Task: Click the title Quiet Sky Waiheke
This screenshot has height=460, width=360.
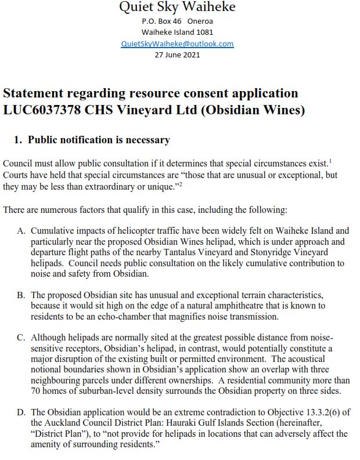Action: [x=177, y=8]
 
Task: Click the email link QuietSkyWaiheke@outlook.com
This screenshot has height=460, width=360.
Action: [x=177, y=44]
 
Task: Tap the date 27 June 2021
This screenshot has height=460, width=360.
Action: [x=177, y=55]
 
